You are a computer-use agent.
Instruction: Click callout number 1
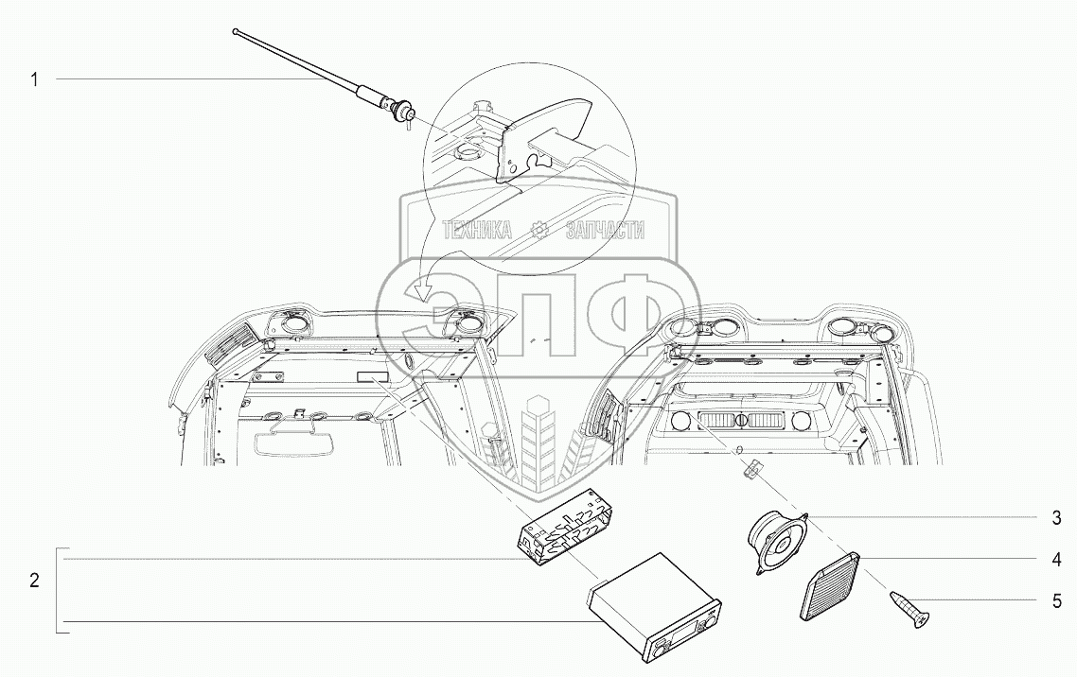click(x=34, y=80)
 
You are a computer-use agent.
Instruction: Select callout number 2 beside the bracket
click(x=34, y=581)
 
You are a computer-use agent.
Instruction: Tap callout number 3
click(x=1056, y=518)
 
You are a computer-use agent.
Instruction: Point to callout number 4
click(x=1056, y=559)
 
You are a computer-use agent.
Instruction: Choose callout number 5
click(x=1056, y=600)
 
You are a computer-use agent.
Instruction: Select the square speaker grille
click(x=830, y=585)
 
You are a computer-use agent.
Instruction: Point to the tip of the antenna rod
click(x=236, y=34)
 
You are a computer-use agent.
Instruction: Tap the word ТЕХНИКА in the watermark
click(x=478, y=230)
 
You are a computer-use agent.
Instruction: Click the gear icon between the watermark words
click(x=539, y=230)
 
